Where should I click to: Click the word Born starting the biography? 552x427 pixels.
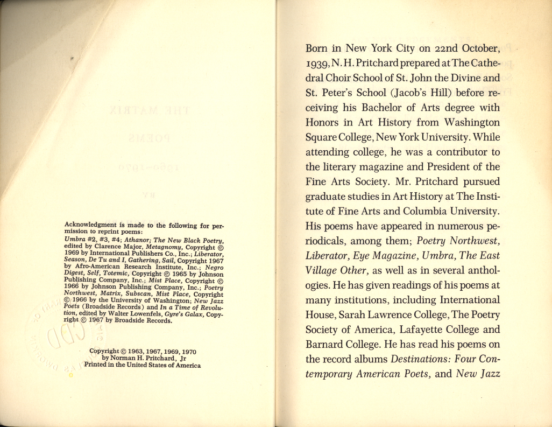point(317,48)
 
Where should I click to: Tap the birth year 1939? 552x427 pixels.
point(317,64)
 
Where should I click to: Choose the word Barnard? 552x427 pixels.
point(326,344)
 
